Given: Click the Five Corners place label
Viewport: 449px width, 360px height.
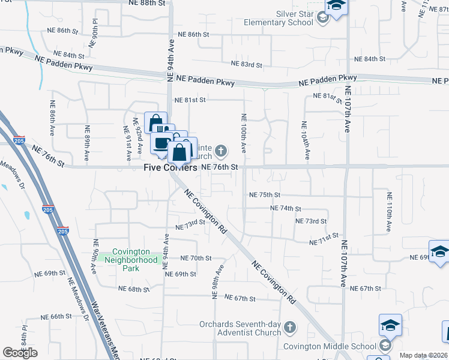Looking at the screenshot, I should tap(170, 168).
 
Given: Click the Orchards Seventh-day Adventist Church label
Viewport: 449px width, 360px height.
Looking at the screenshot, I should tap(240, 328).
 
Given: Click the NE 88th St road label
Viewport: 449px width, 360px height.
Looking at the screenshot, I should tap(146, 3).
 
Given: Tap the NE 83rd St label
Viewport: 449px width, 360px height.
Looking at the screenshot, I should tap(247, 64).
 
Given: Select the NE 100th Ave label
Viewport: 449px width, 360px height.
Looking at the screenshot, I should tap(244, 131).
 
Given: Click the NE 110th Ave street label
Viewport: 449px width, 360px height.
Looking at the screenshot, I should tap(389, 212).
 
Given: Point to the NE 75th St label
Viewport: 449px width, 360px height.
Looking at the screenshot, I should tap(265, 195).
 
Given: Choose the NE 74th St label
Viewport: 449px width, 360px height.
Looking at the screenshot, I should tap(285, 208).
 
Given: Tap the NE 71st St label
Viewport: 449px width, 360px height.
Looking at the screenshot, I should tap(324, 239).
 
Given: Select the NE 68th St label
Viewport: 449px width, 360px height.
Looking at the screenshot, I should tap(134, 289).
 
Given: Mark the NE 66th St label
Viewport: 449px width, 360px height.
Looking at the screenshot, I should tap(56, 316).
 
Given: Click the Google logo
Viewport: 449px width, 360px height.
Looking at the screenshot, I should tap(20, 353).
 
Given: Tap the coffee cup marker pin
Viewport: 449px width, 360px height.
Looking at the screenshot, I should tap(161, 143).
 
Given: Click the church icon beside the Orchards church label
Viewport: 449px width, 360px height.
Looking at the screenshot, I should tap(290, 328).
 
